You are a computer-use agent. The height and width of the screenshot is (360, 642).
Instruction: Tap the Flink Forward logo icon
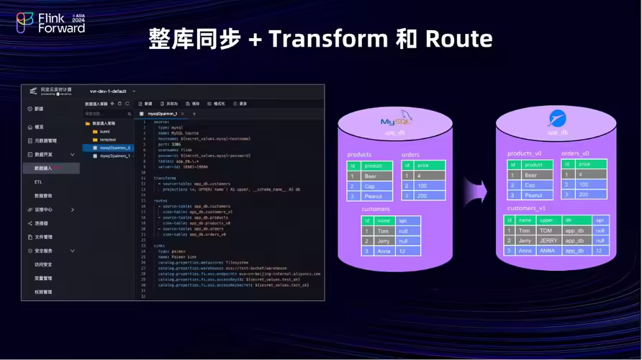coord(25,23)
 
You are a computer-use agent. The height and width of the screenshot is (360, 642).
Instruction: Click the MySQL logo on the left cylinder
coord(395,121)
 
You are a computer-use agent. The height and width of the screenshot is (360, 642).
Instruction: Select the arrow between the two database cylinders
coord(475,191)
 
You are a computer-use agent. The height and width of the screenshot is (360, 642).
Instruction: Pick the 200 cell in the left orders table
coord(422,196)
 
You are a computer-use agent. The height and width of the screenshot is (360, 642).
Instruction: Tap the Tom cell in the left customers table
coord(384,231)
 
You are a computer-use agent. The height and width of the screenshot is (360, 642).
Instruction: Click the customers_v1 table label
coord(526,208)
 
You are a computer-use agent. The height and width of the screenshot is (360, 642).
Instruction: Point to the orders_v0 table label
coord(575,153)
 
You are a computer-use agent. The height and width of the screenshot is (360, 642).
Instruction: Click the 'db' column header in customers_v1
coord(569,220)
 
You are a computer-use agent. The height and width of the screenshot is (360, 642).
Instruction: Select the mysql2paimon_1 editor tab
coord(162,114)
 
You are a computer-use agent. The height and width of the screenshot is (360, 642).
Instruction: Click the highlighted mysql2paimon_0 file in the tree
coord(115,148)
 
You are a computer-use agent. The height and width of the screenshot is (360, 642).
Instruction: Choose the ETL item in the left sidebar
coord(38,182)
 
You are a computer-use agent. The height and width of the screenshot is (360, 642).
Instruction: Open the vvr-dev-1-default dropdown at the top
coord(108,91)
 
